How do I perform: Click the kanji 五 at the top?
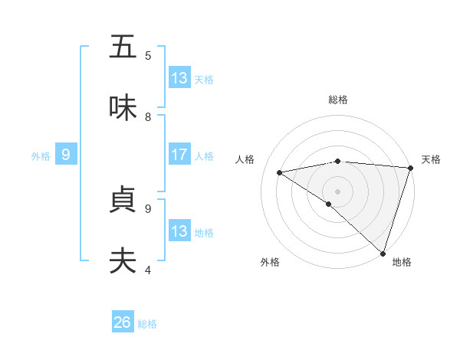click(x=123, y=47)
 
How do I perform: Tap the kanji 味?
click(x=123, y=109)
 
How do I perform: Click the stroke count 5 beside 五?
click(x=148, y=55)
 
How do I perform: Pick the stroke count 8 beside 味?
click(x=148, y=117)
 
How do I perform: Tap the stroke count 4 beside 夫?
click(x=148, y=270)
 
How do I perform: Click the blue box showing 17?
click(x=179, y=155)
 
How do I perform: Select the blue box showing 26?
click(x=123, y=322)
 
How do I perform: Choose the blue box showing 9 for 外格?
click(x=66, y=155)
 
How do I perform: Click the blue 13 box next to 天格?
click(x=179, y=78)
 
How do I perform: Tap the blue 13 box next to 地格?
click(x=179, y=231)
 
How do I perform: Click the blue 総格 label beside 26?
click(x=147, y=324)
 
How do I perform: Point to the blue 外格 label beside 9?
click(x=41, y=156)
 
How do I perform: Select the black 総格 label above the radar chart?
click(x=337, y=100)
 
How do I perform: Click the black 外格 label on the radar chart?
click(x=270, y=262)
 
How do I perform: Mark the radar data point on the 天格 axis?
click(x=410, y=168)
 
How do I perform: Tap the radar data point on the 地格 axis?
click(x=383, y=254)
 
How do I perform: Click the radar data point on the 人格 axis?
click(x=279, y=172)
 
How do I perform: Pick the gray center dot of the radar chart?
click(x=337, y=191)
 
